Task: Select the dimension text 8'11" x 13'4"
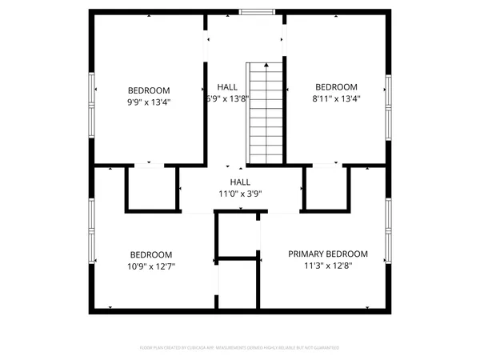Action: (335, 99)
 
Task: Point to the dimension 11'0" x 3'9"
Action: (241, 193)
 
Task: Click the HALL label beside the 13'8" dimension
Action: (227, 87)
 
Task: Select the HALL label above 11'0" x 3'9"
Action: (241, 182)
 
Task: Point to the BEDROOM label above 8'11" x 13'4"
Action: (335, 87)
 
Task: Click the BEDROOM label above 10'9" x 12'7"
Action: (151, 254)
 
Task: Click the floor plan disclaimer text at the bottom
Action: (240, 348)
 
